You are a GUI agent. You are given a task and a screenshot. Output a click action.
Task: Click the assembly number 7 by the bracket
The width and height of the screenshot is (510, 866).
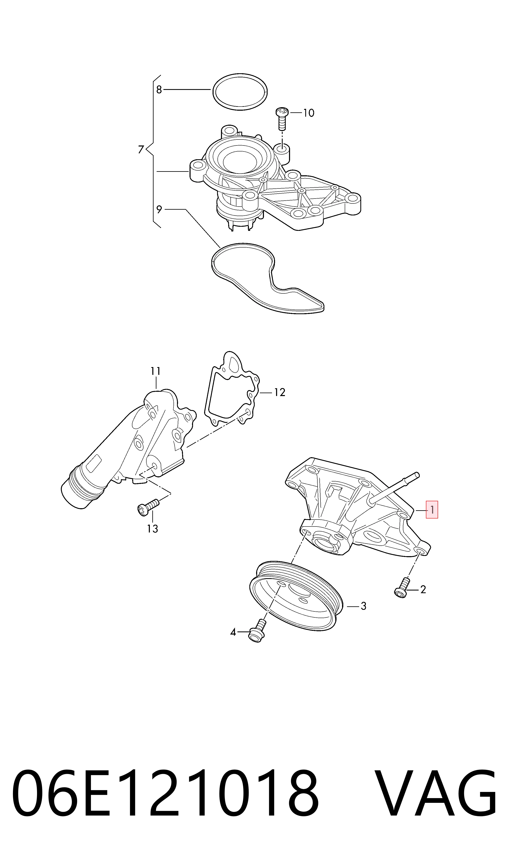click(x=141, y=150)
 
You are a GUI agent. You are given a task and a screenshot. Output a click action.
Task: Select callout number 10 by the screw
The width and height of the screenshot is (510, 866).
click(x=309, y=113)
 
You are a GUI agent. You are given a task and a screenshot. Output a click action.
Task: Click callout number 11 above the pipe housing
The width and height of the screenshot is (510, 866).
click(x=156, y=371)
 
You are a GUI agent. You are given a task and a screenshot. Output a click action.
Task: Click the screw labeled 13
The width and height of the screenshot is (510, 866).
click(x=148, y=507)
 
